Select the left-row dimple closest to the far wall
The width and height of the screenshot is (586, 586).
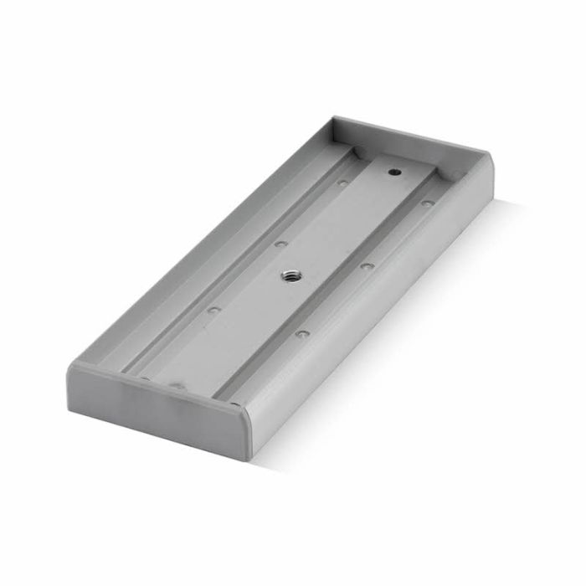[342, 182]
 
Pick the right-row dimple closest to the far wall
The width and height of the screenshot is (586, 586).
[427, 203]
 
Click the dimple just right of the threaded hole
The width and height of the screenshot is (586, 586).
[366, 266]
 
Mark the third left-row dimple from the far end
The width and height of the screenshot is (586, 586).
[213, 310]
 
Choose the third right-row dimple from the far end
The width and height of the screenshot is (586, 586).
[302, 333]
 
